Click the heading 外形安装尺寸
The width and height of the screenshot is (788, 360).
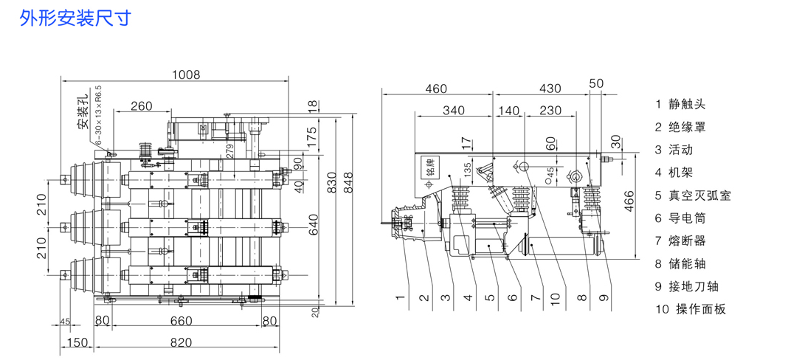[x=75, y=18]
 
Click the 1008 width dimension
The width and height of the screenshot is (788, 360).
[x=185, y=74]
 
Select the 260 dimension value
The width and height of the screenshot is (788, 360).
[x=141, y=106]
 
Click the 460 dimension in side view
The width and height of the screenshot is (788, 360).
[x=436, y=89]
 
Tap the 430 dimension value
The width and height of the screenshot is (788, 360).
[x=549, y=89]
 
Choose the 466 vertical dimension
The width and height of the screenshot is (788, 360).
[x=629, y=199]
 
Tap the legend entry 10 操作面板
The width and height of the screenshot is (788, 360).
[x=691, y=309]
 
